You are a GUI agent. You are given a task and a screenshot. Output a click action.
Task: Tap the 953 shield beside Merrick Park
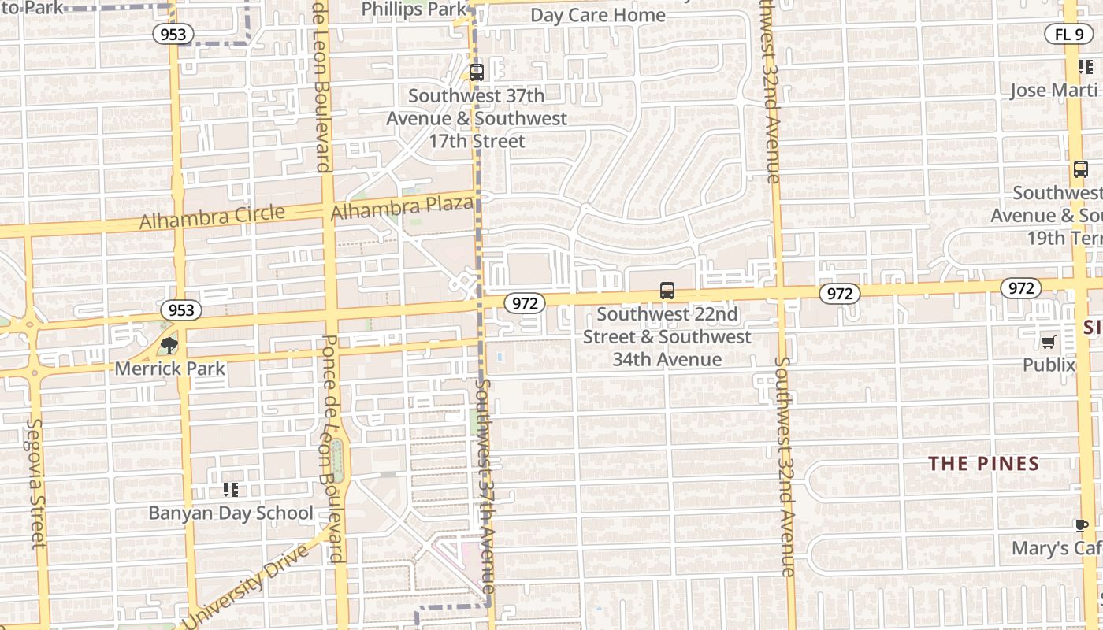(181, 310)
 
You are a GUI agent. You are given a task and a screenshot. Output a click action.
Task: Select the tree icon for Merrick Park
(169, 345)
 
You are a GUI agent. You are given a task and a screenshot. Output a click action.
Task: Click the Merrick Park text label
(170, 368)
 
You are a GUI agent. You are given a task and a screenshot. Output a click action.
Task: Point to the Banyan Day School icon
(230, 490)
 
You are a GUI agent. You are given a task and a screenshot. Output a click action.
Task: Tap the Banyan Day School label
(231, 513)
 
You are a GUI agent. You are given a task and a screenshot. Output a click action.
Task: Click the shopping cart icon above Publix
(1049, 342)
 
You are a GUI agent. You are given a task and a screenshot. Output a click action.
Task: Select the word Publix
(1049, 365)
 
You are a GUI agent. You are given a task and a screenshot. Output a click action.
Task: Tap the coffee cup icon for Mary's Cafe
(1082, 525)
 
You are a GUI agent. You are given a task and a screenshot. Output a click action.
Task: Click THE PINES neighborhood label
(984, 463)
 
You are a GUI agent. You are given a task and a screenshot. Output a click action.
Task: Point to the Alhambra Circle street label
(212, 217)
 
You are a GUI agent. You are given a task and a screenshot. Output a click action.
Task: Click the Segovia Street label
(36, 482)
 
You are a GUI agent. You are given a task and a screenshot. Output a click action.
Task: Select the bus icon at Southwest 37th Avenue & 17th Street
(476, 72)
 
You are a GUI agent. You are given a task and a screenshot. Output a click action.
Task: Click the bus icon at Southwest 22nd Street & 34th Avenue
(667, 291)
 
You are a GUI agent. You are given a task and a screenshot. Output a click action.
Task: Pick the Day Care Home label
(598, 15)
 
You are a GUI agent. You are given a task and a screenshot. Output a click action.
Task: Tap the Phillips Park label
(414, 9)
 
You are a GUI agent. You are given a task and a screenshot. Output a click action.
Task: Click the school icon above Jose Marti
(1086, 67)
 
